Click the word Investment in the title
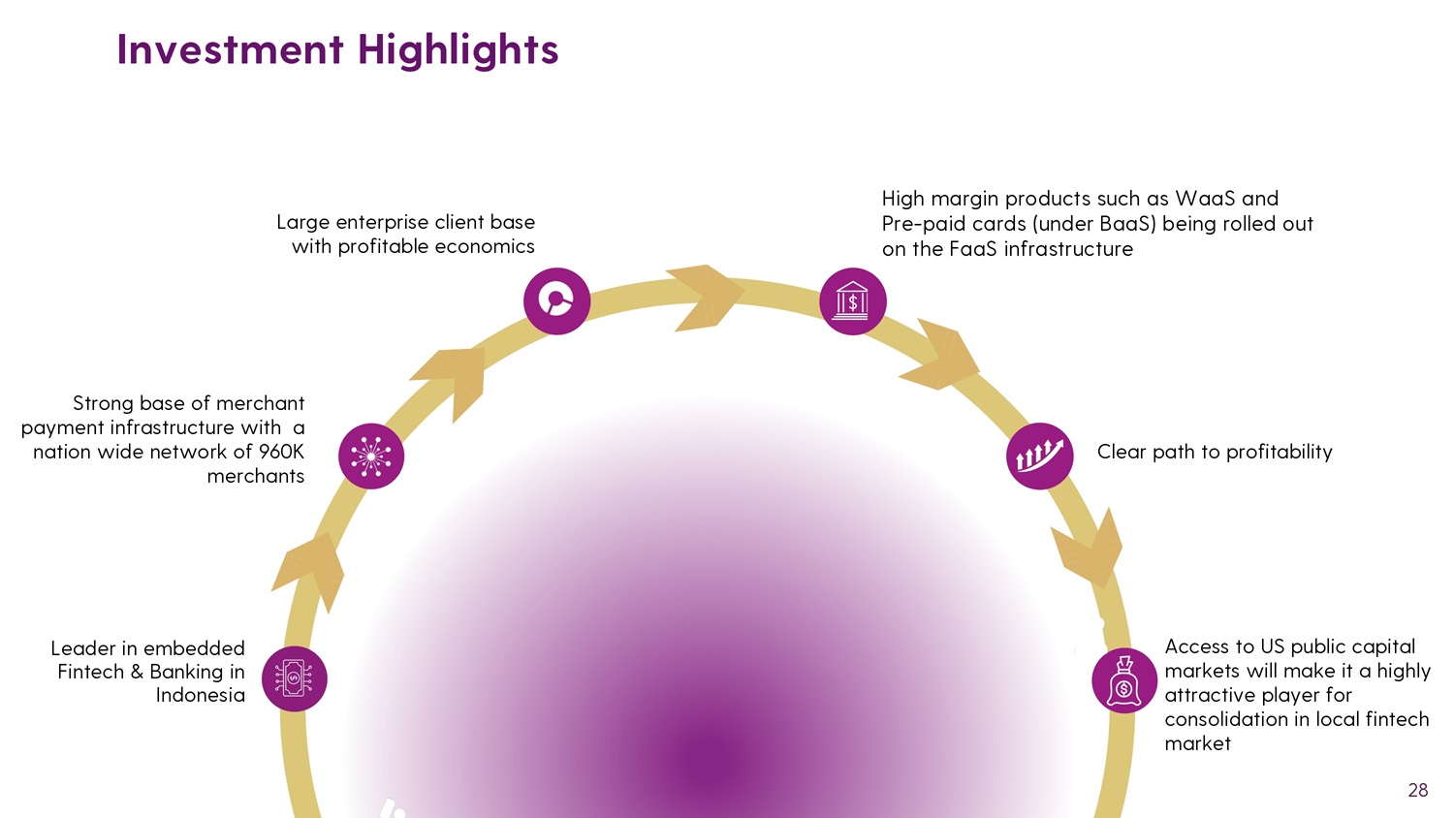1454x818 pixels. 231,49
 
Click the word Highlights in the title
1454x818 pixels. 458,51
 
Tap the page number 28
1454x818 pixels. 1417,790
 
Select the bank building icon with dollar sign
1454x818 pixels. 852,301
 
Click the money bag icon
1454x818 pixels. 1124,680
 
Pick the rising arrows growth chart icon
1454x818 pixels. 1039,456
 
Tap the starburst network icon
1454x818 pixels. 370,456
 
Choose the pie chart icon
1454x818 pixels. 556,301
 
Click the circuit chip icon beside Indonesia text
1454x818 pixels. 294,679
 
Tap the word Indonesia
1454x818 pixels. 200,695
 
